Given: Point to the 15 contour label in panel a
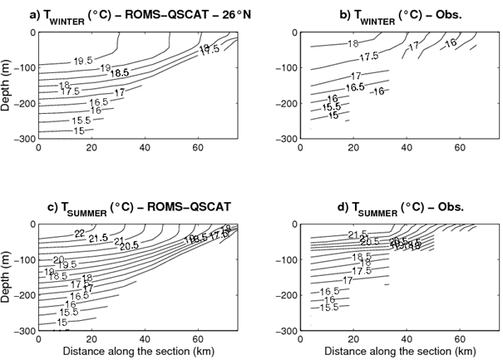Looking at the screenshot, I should click(78, 131).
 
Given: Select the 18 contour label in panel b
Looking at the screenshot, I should click(353, 43).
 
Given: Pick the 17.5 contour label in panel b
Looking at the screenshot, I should click(369, 57).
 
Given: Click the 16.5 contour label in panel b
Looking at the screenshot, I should click(355, 87).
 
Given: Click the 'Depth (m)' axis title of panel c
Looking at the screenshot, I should click(7, 277).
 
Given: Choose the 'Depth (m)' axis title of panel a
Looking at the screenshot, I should click(7, 86).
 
